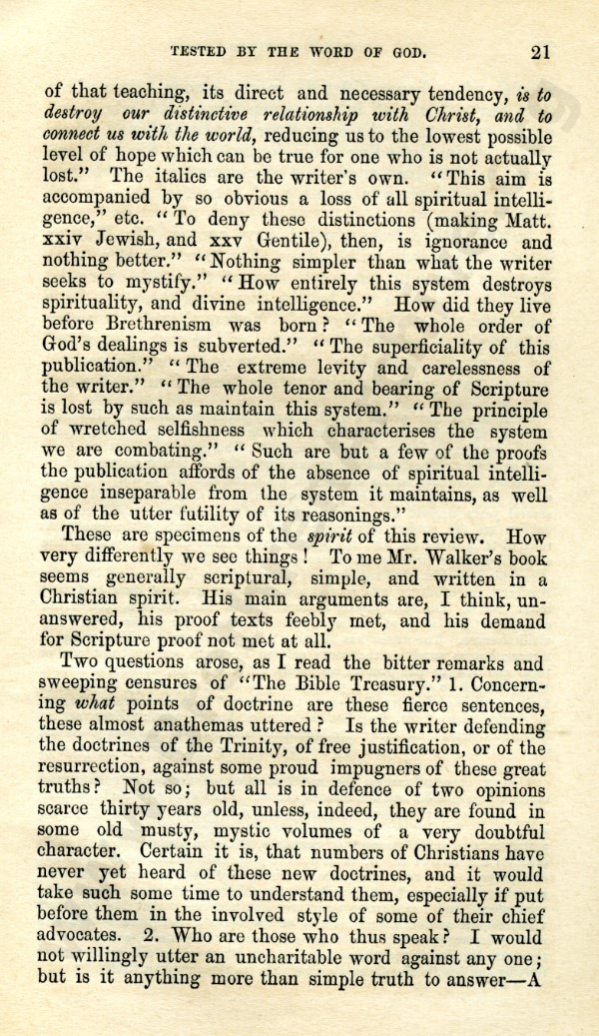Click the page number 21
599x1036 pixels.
(541, 52)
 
